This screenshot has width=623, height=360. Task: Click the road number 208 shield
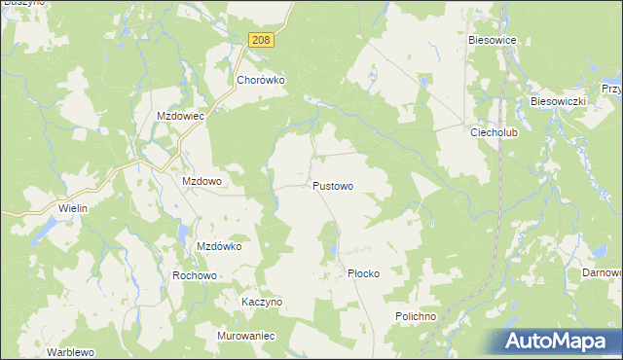pyautogui.click(x=260, y=39)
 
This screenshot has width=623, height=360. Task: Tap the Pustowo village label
pyautogui.click(x=332, y=185)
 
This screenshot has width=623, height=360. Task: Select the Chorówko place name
pyautogui.click(x=260, y=82)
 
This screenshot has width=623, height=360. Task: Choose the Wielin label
pyautogui.click(x=73, y=208)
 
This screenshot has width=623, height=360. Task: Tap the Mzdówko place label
pyautogui.click(x=219, y=246)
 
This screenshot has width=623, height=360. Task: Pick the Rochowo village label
pyautogui.click(x=194, y=275)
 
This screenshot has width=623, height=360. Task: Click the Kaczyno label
pyautogui.click(x=261, y=302)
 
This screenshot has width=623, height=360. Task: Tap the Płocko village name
pyautogui.click(x=363, y=274)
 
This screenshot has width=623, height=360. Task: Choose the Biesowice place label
pyautogui.click(x=498, y=40)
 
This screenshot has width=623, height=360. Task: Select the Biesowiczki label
pyautogui.click(x=557, y=101)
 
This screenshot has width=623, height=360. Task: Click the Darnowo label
pyautogui.click(x=603, y=273)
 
